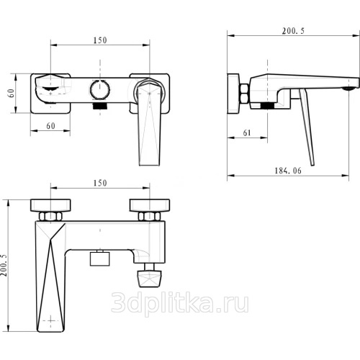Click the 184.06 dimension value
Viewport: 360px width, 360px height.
288,171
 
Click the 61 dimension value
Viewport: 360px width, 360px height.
247,132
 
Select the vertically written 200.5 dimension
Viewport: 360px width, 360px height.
4,265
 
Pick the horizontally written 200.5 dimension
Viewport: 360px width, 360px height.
293,31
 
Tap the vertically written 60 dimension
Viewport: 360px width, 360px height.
12,93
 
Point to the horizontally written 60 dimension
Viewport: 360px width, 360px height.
50,126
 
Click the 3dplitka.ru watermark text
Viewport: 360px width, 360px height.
180,303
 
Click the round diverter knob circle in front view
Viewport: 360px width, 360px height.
100,89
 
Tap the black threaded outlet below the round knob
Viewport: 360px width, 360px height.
100,106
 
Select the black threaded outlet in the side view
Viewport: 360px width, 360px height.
267,106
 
